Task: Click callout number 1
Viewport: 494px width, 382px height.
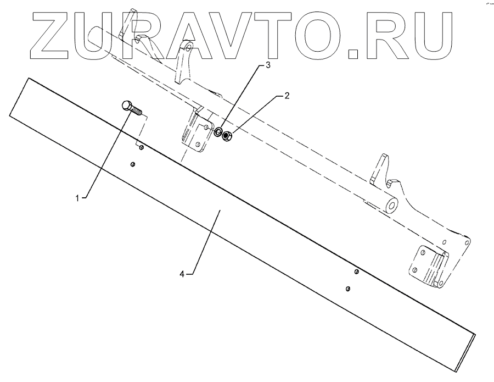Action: (77, 197)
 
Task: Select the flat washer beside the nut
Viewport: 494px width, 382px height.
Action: (218, 132)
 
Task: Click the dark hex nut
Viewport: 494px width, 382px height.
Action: (227, 135)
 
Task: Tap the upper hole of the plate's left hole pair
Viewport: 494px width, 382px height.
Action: (141, 147)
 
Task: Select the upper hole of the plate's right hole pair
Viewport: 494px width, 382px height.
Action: (357, 271)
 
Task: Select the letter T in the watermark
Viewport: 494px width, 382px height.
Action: (282, 36)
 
